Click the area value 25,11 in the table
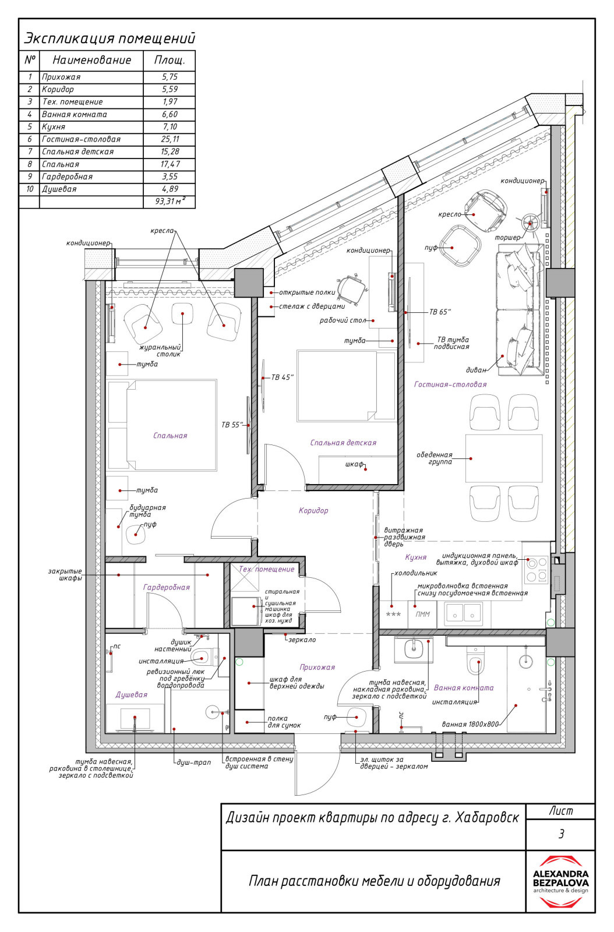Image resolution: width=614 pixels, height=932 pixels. pos(170,139)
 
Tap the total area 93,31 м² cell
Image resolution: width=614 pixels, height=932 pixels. pos(170,202)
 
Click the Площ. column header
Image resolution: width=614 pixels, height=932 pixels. pos(170,61)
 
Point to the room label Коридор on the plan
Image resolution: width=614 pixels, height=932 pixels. pos(313,510)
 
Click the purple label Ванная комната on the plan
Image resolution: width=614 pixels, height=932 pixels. pos(463,688)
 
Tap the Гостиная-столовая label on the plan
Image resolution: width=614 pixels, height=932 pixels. pos(450,384)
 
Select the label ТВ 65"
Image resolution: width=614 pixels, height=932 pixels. pos(440,312)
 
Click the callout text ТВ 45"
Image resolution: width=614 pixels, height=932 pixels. pos(283,377)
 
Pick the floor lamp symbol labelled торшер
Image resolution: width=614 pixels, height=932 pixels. pos(530,223)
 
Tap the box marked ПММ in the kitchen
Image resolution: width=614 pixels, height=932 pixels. pos(423,614)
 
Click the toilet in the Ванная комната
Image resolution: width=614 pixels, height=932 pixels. pos(475,662)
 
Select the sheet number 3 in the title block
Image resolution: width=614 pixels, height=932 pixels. pos(561,843)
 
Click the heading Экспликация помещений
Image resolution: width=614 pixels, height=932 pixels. pos(110,38)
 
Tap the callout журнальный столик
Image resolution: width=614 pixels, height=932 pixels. pos(161,350)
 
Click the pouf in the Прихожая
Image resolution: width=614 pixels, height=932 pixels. pos(356,716)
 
